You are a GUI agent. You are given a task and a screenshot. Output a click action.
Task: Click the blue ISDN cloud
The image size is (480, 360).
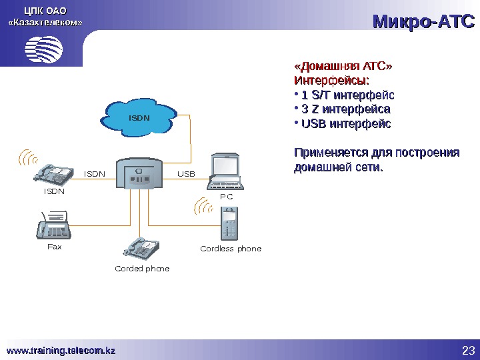coord(139,117)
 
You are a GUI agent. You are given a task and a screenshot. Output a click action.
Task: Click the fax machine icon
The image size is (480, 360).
coord(55,226)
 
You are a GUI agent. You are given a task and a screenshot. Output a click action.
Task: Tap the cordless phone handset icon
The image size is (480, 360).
coord(229,223)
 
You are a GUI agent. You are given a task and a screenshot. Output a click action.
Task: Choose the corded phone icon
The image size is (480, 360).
coord(141,248)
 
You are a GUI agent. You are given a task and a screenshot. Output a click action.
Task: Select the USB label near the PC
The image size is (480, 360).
coord(186,174)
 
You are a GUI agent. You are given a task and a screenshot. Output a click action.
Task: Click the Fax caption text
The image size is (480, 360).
coord(54,247)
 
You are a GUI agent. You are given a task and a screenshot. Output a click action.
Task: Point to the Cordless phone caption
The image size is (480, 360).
coord(231,249)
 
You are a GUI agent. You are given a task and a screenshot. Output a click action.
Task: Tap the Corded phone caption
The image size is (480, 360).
coord(142,269)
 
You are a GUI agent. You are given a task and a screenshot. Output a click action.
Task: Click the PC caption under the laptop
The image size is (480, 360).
coord(227,197)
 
